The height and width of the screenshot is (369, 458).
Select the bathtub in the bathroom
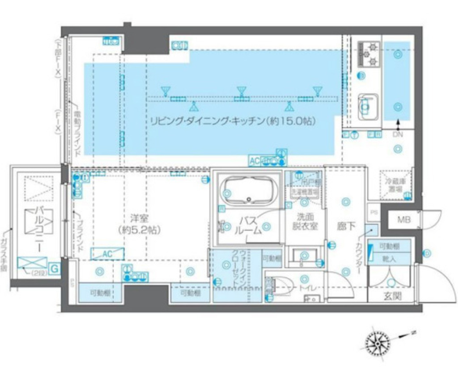click(250, 191)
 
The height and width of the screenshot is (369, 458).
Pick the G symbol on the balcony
click(54, 269)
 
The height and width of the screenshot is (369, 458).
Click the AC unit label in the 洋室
click(106, 254)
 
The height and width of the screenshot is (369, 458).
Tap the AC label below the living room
click(254, 160)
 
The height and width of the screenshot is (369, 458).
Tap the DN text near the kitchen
click(398, 134)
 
